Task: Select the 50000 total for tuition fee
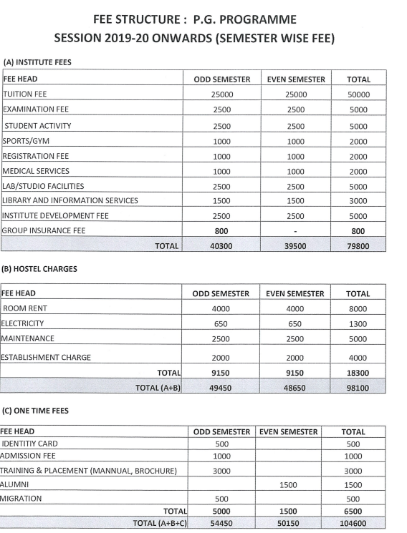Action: (358, 94)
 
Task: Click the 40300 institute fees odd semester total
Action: (222, 245)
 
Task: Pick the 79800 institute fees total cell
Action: (358, 245)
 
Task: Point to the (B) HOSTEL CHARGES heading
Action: (41, 270)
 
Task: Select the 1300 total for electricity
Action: (358, 323)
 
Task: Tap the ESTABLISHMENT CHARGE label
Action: (46, 357)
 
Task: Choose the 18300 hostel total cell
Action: (358, 372)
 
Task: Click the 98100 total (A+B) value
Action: (358, 387)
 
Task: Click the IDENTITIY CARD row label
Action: (30, 444)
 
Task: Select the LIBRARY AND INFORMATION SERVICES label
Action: (70, 200)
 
